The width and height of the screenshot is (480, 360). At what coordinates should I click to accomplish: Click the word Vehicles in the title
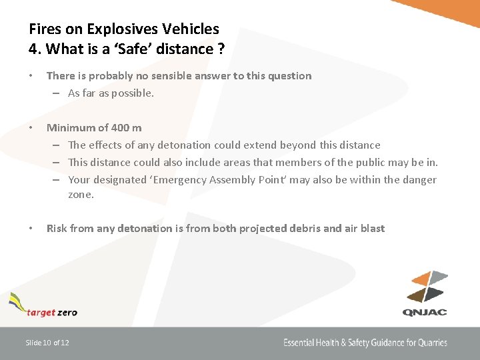193,29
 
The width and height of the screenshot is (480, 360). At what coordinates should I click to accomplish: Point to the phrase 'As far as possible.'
111,93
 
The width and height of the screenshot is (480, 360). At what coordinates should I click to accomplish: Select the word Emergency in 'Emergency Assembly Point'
181,179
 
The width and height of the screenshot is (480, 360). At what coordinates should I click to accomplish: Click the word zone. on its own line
81,195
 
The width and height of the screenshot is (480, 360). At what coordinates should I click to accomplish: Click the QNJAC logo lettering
424,311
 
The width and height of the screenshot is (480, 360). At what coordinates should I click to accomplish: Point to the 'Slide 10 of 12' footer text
47,343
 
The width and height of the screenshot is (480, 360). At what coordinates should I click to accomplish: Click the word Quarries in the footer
433,343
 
